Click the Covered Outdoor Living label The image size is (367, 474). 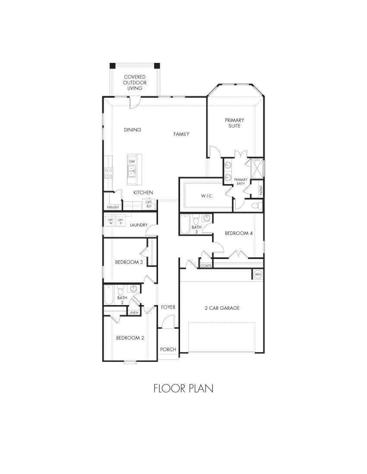(135, 82)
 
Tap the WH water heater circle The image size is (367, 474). (258, 274)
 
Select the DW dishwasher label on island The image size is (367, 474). (132, 161)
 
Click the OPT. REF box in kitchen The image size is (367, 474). (149, 204)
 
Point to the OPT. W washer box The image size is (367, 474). (110, 221)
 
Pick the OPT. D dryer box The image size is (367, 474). (120, 221)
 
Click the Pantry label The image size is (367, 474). (113, 207)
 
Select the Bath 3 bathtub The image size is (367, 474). (185, 224)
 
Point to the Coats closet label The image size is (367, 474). (206, 266)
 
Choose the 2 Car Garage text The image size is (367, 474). (222, 308)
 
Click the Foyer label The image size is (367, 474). (168, 307)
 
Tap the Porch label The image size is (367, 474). (168, 349)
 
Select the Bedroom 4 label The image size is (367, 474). (239, 233)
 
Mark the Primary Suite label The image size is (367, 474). (234, 123)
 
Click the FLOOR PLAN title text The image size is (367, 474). (183, 388)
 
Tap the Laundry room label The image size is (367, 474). (139, 225)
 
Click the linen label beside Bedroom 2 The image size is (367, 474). (133, 312)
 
